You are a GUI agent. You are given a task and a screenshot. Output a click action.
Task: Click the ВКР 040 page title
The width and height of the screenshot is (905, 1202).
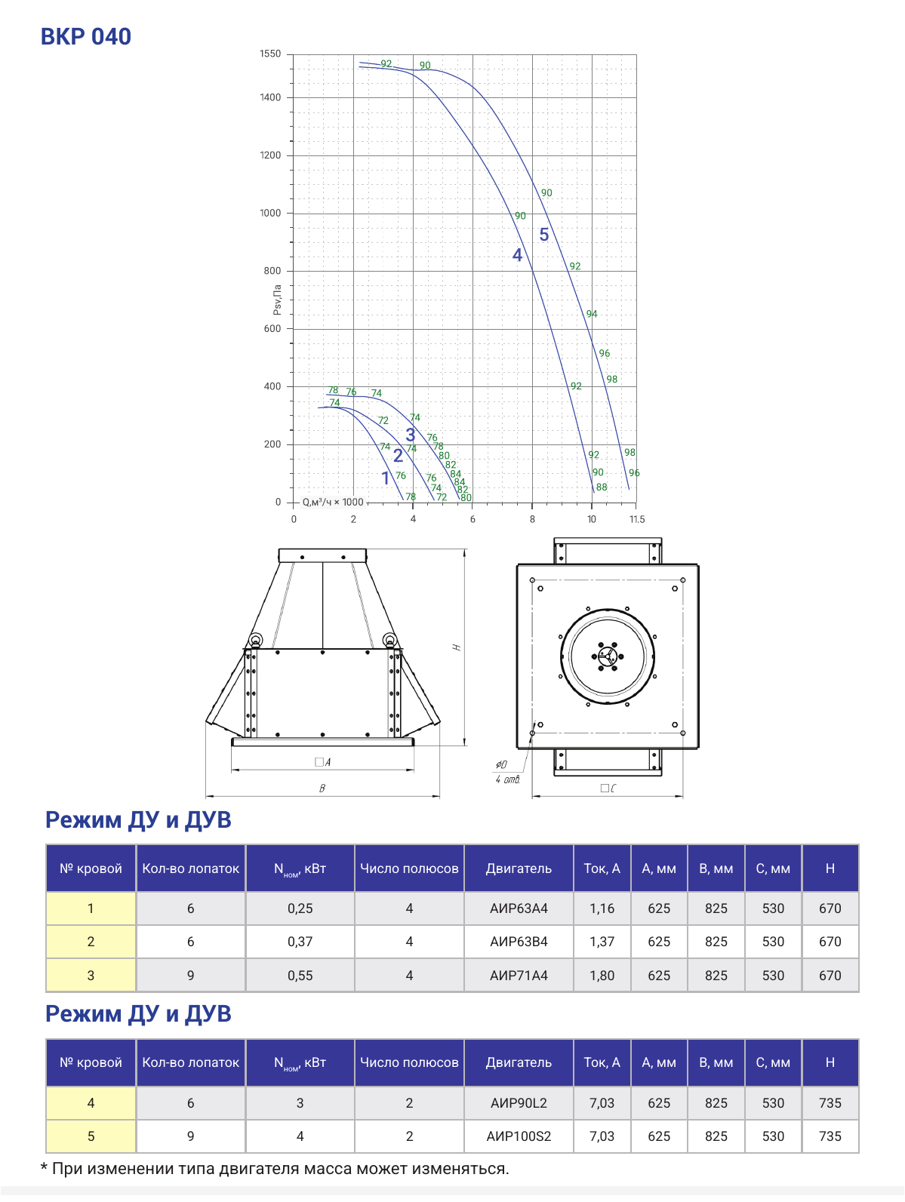click(x=86, y=37)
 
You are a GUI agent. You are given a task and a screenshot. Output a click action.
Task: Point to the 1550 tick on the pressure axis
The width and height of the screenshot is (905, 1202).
click(x=270, y=54)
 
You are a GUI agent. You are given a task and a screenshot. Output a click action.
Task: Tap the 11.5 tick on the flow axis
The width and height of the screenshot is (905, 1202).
click(x=637, y=519)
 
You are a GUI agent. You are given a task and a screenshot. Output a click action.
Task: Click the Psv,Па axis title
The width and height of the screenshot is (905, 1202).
click(x=277, y=300)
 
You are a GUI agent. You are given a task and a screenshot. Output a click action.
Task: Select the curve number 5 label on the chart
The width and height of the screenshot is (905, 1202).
click(x=544, y=235)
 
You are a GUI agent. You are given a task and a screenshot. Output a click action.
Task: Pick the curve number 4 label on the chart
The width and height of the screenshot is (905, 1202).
click(x=517, y=255)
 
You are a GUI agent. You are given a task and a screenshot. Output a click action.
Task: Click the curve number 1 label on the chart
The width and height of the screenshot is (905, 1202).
click(x=386, y=478)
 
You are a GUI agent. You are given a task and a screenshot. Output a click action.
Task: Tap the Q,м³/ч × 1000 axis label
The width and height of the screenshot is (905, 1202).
click(x=333, y=503)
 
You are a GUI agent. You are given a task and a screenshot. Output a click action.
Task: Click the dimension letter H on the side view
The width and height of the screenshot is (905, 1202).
click(x=457, y=647)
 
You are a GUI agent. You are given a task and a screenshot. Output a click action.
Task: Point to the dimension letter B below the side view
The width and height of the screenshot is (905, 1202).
click(x=322, y=788)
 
